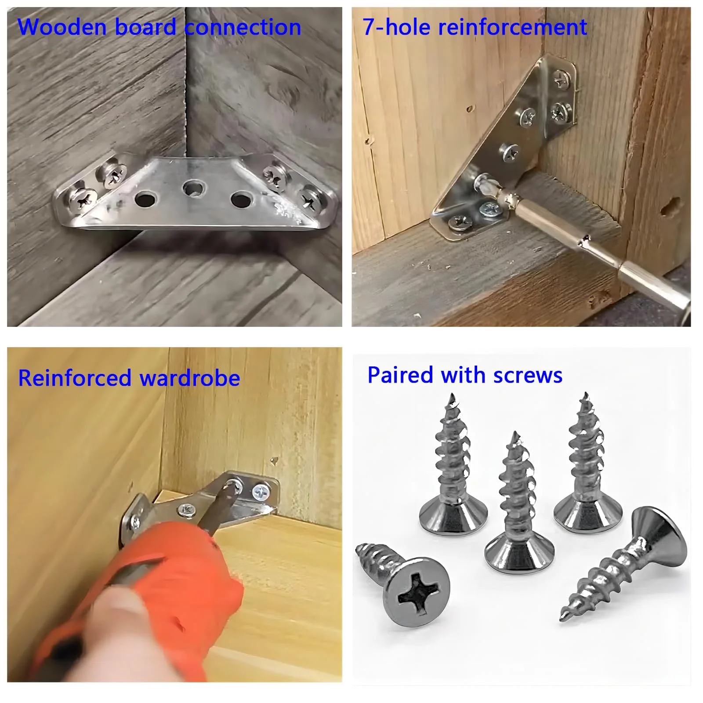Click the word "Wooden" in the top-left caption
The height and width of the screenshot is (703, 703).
coord(62,27)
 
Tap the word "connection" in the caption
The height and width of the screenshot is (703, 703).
coord(243,27)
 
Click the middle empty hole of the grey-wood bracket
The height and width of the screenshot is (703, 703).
coord(193,189)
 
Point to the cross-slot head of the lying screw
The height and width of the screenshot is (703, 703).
coord(416,591)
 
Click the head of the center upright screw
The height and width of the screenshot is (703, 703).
coord(518,554)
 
